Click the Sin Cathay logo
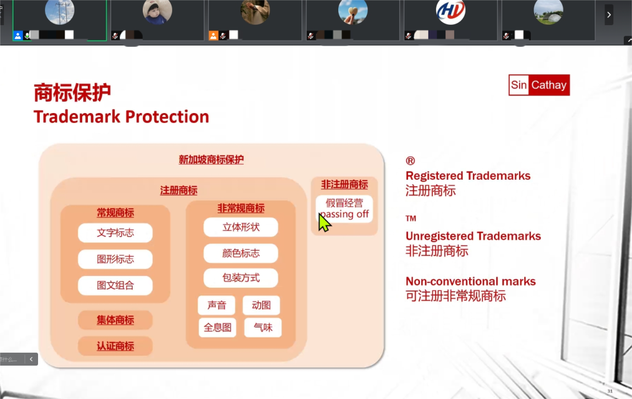click(539, 85)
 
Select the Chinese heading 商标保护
click(72, 93)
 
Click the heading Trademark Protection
click(121, 117)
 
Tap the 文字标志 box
click(115, 233)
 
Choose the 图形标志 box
click(115, 259)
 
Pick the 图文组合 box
click(115, 285)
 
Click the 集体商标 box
click(115, 320)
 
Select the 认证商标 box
click(115, 346)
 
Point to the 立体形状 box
click(241, 227)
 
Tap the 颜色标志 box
click(241, 253)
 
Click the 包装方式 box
click(241, 278)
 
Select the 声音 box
click(217, 305)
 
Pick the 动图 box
click(261, 305)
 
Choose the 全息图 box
click(217, 328)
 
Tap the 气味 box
click(263, 328)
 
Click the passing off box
click(344, 209)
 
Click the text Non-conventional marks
click(470, 281)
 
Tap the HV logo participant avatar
click(451, 11)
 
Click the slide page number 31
click(610, 391)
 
